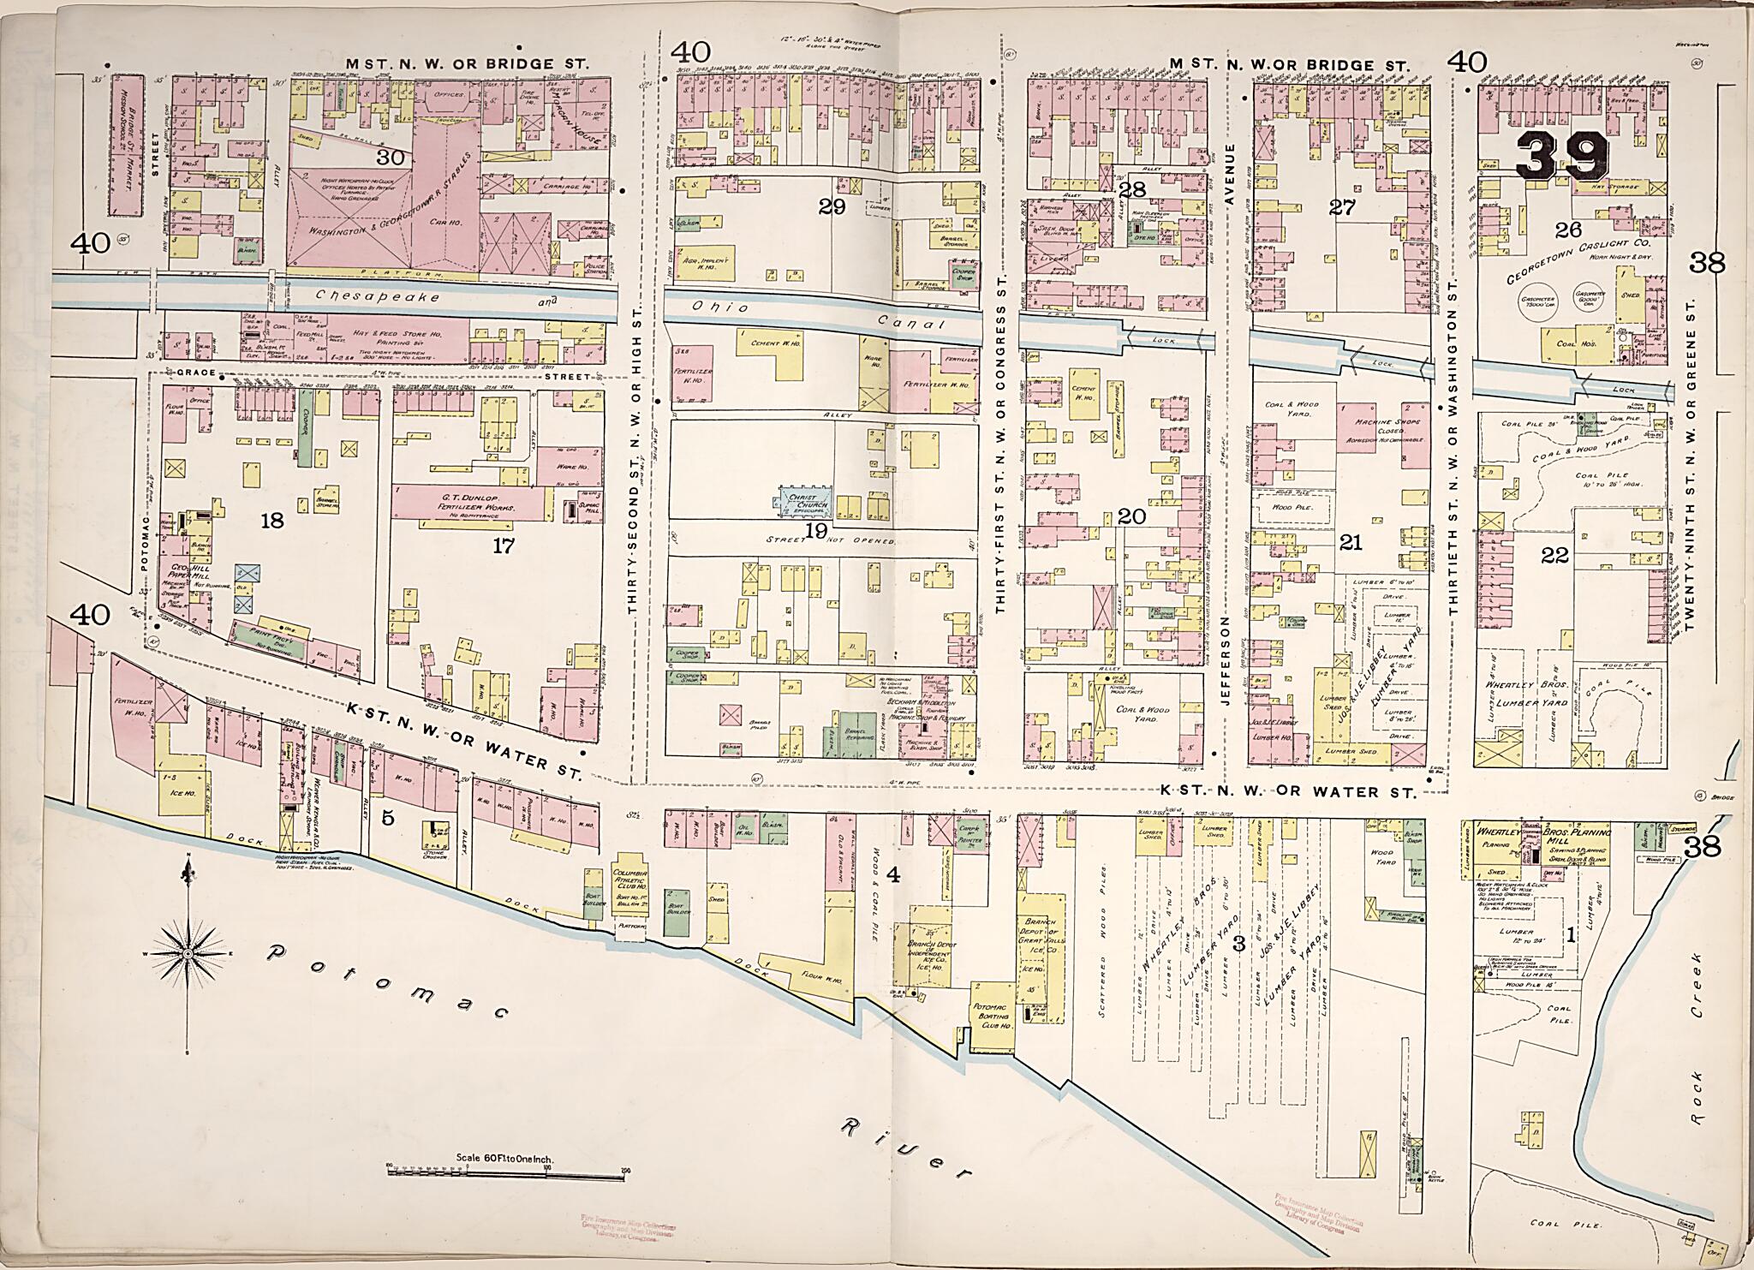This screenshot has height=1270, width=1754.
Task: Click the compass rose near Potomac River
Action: point(187,953)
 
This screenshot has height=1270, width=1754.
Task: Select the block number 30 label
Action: point(390,157)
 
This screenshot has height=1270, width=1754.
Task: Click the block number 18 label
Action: point(272,520)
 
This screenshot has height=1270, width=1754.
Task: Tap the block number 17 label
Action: point(503,546)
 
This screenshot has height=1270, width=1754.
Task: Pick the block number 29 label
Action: point(831,206)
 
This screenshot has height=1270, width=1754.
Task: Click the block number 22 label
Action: point(1554,556)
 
